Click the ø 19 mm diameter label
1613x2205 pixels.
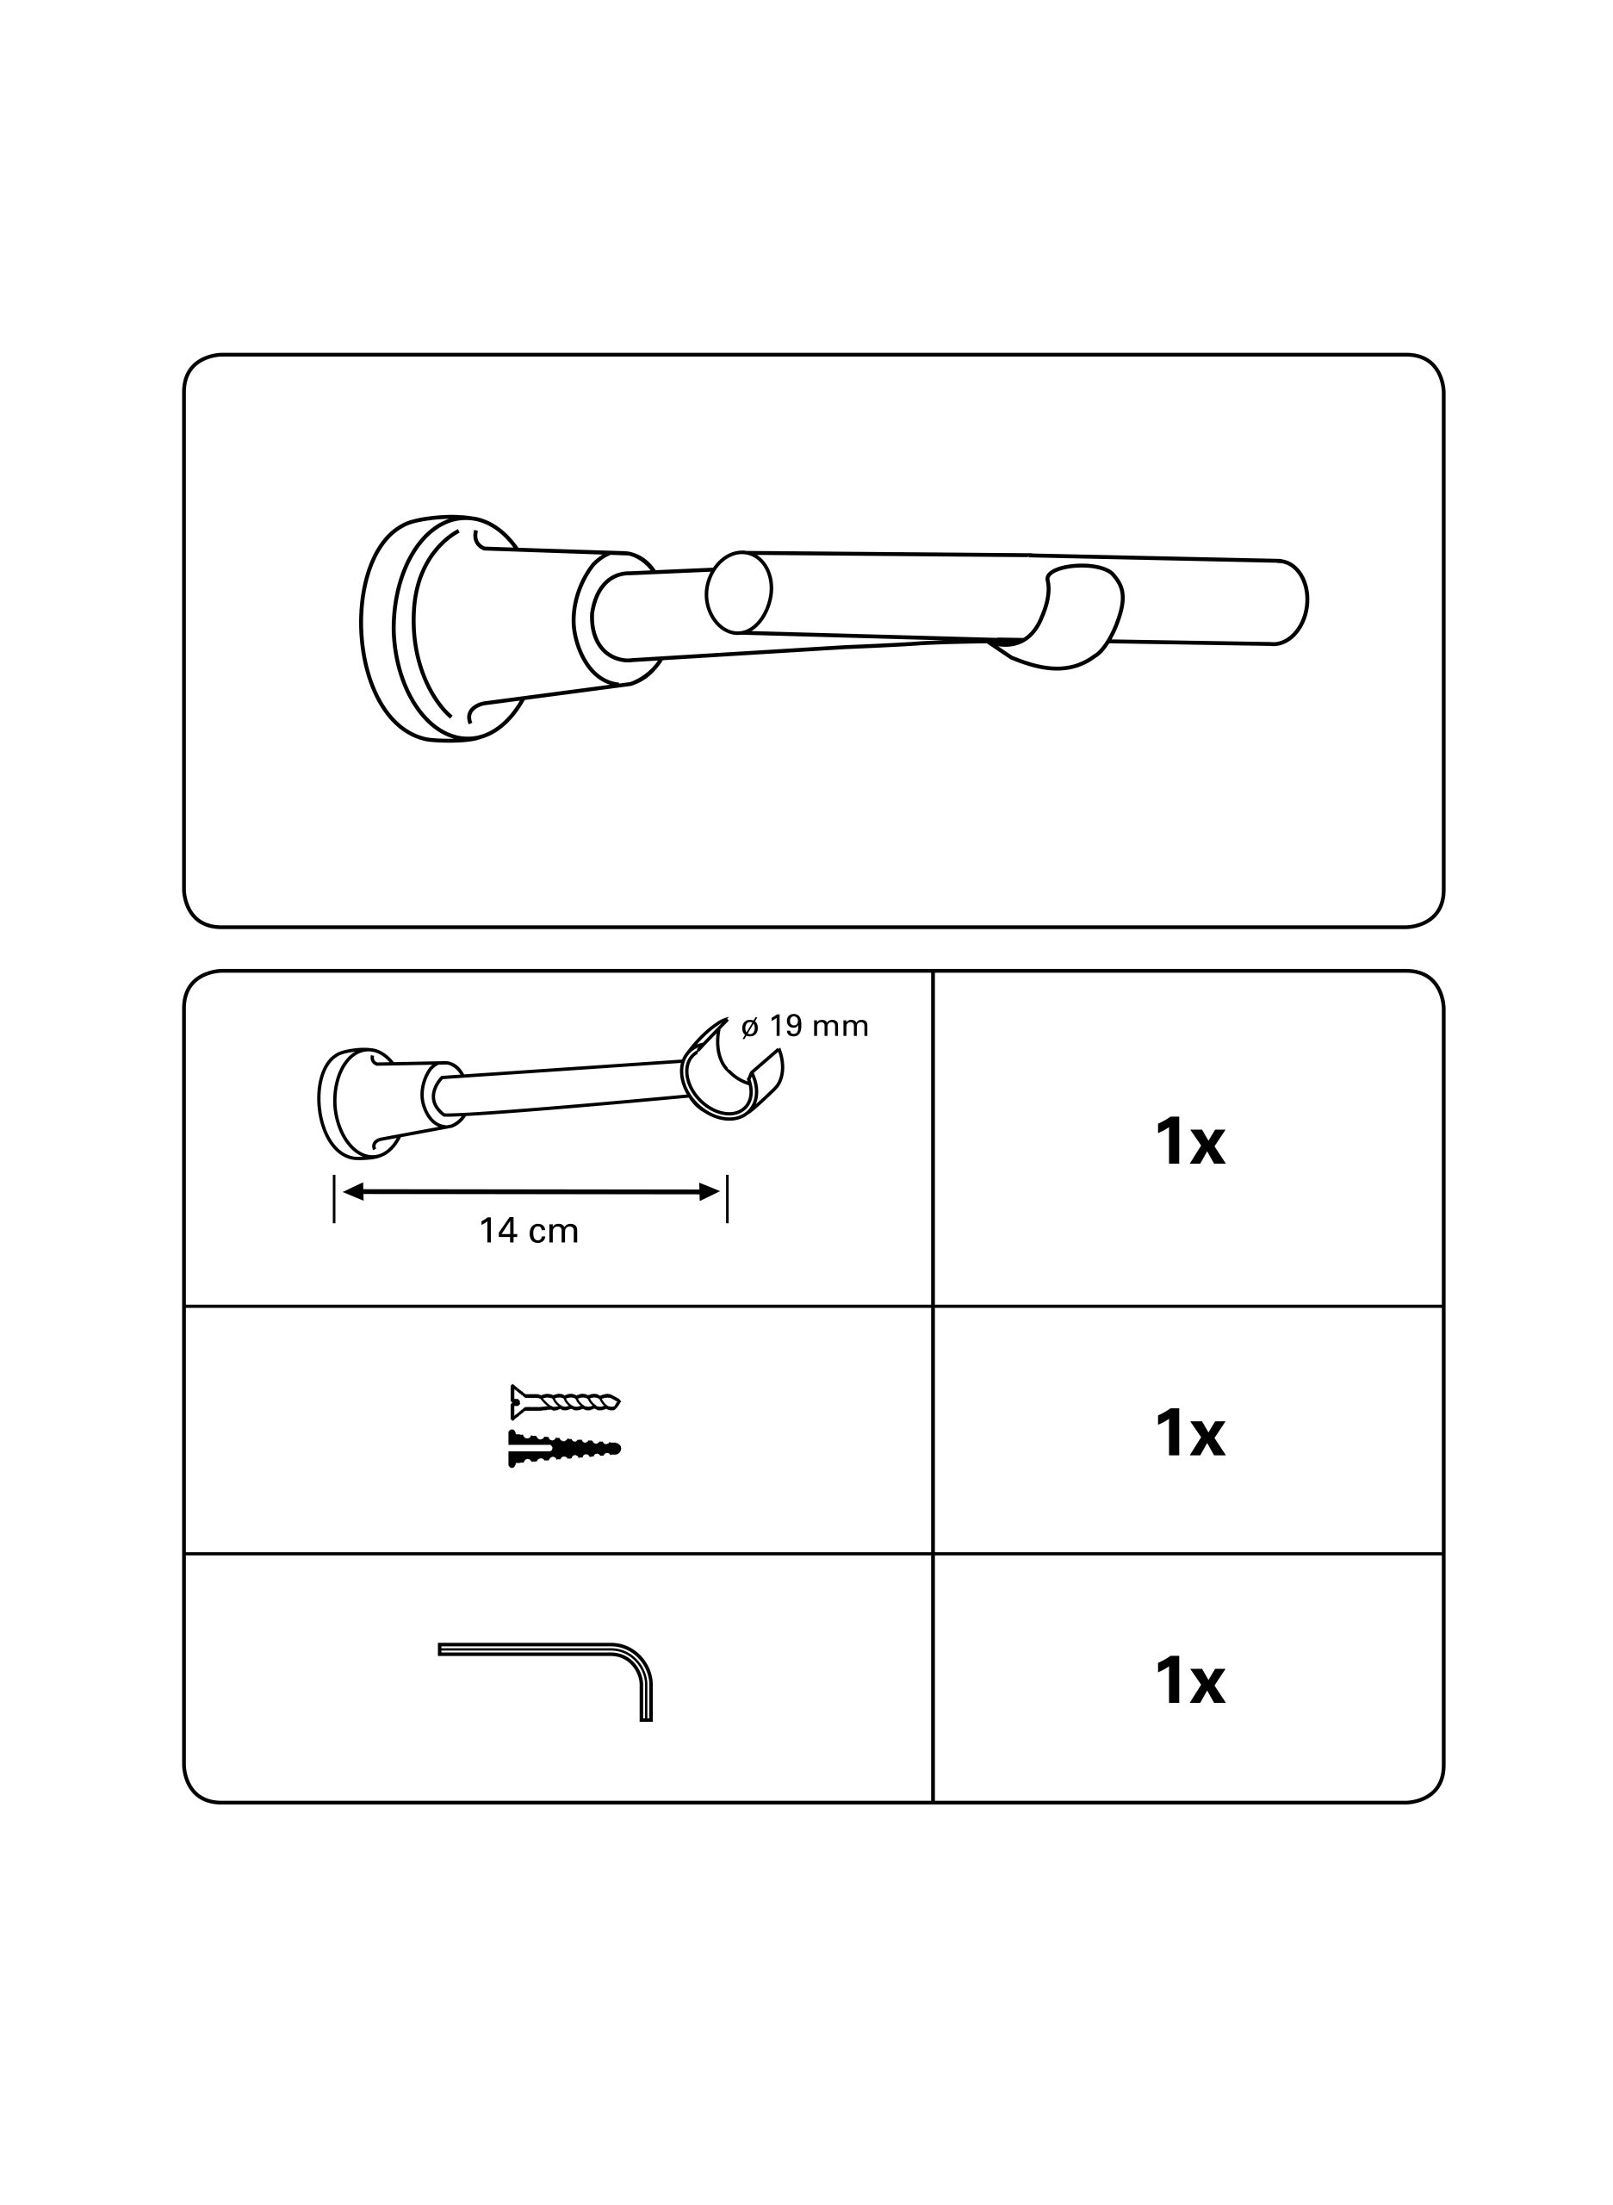point(804,1027)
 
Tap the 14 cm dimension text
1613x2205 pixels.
point(530,1232)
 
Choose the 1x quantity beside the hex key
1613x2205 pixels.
point(1189,1680)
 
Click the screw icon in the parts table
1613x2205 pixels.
point(565,1402)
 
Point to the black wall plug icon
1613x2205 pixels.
point(564,1448)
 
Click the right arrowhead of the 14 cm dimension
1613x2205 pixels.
point(709,1191)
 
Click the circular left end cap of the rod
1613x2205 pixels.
point(739,592)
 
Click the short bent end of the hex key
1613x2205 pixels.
point(645,1697)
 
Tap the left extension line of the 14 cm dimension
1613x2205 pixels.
point(334,1198)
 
